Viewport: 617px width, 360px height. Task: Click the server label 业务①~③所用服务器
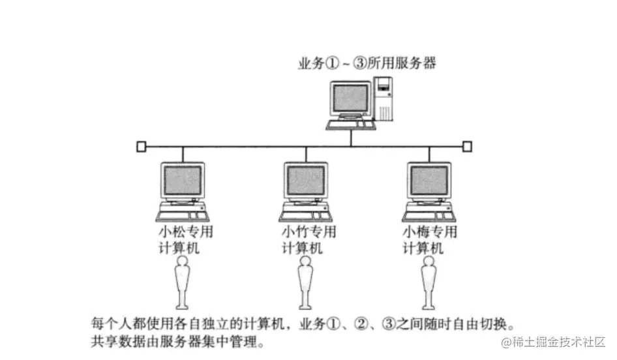click(367, 64)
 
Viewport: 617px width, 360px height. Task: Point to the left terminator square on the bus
click(141, 147)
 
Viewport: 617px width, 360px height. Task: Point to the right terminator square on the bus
click(467, 147)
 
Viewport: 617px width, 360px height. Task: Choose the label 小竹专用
click(308, 232)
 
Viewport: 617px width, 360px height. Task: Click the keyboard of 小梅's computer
click(427, 214)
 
